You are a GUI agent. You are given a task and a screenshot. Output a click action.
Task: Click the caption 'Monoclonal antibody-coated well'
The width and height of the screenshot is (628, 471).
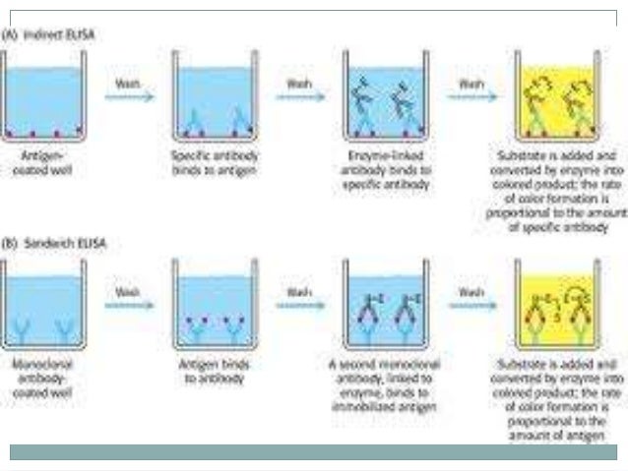[45, 375]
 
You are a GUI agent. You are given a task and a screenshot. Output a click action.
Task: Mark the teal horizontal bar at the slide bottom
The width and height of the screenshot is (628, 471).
[314, 451]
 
